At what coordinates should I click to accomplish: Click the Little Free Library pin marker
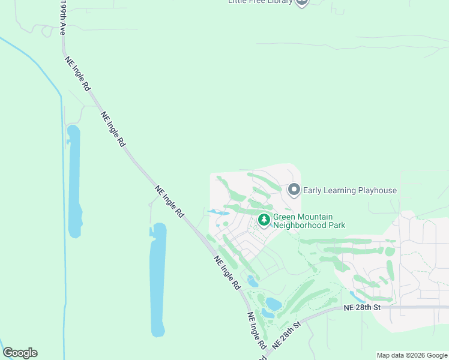coord(302,2)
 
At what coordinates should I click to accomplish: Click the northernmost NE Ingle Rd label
coord(77,71)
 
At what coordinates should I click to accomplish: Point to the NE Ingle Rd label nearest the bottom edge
coord(256,331)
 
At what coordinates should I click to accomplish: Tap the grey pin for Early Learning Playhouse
coord(294,190)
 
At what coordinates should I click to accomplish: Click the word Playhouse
coord(374,191)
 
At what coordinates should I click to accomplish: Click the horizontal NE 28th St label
coord(363,307)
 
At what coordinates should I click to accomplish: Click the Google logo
coord(20,353)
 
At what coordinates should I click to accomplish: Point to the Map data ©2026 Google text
coord(412,355)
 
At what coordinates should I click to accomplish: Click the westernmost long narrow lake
coord(74,180)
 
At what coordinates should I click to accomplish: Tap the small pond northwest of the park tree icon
coord(218,212)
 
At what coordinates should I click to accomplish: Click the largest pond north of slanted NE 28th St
coord(272,304)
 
